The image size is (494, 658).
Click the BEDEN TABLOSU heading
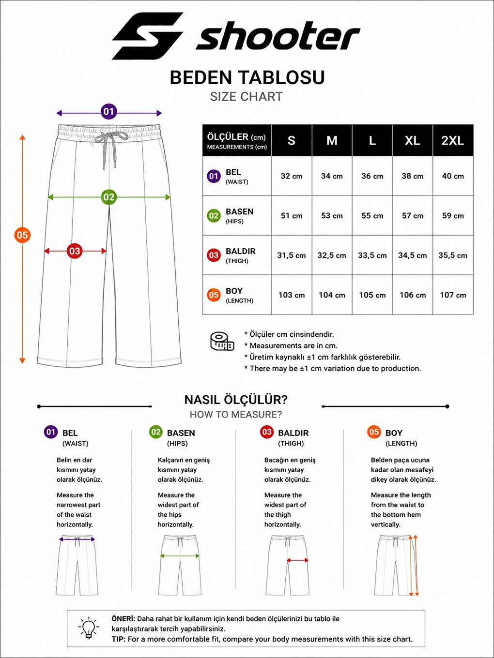247,77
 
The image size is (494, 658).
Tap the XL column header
413,141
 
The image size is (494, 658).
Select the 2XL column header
453,141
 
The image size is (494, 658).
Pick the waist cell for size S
291,176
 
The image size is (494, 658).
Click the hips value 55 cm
372,215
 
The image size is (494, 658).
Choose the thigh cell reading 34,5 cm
413,255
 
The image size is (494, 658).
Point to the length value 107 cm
453,295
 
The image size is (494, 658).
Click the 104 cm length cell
332,295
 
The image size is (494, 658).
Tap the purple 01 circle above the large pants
108,111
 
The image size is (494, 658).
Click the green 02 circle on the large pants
108,197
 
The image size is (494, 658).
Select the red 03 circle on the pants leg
75,251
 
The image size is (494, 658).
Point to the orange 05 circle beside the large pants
22,235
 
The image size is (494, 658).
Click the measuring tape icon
222,342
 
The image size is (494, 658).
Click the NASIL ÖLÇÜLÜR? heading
236,400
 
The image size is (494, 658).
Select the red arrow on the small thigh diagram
297,560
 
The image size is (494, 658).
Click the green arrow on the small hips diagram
180,556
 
